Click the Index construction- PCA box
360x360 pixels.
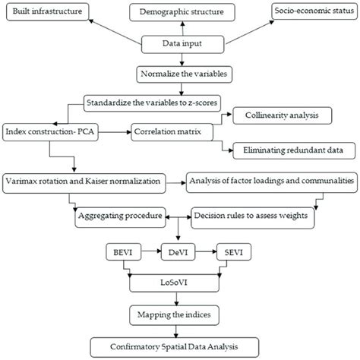pos(59,130)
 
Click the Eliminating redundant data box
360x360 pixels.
pos(286,150)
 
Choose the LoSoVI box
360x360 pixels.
pos(179,280)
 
